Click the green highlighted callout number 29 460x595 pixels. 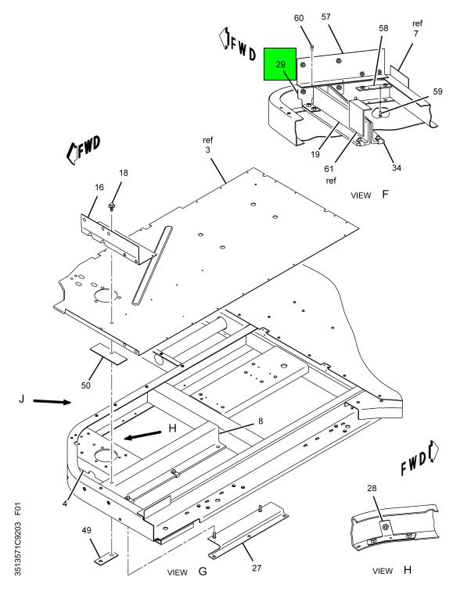(x=281, y=64)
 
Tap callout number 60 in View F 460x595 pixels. (x=299, y=18)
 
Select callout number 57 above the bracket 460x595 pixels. (x=326, y=16)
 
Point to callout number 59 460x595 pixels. (x=437, y=91)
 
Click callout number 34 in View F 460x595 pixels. (x=396, y=168)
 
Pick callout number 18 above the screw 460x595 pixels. (x=124, y=173)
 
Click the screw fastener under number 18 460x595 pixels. (x=112, y=207)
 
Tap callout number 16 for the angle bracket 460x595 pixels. (x=99, y=187)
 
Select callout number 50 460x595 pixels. (x=86, y=385)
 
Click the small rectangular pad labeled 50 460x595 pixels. (x=108, y=354)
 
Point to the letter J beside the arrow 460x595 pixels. (x=22, y=399)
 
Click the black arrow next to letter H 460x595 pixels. (x=142, y=435)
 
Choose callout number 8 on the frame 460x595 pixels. (x=261, y=421)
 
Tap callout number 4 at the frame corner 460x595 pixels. (x=65, y=504)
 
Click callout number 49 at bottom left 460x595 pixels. (x=86, y=530)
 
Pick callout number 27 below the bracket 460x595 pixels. (x=257, y=568)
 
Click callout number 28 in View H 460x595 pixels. (x=372, y=488)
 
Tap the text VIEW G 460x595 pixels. (x=187, y=571)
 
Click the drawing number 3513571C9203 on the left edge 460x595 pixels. (x=18, y=550)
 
